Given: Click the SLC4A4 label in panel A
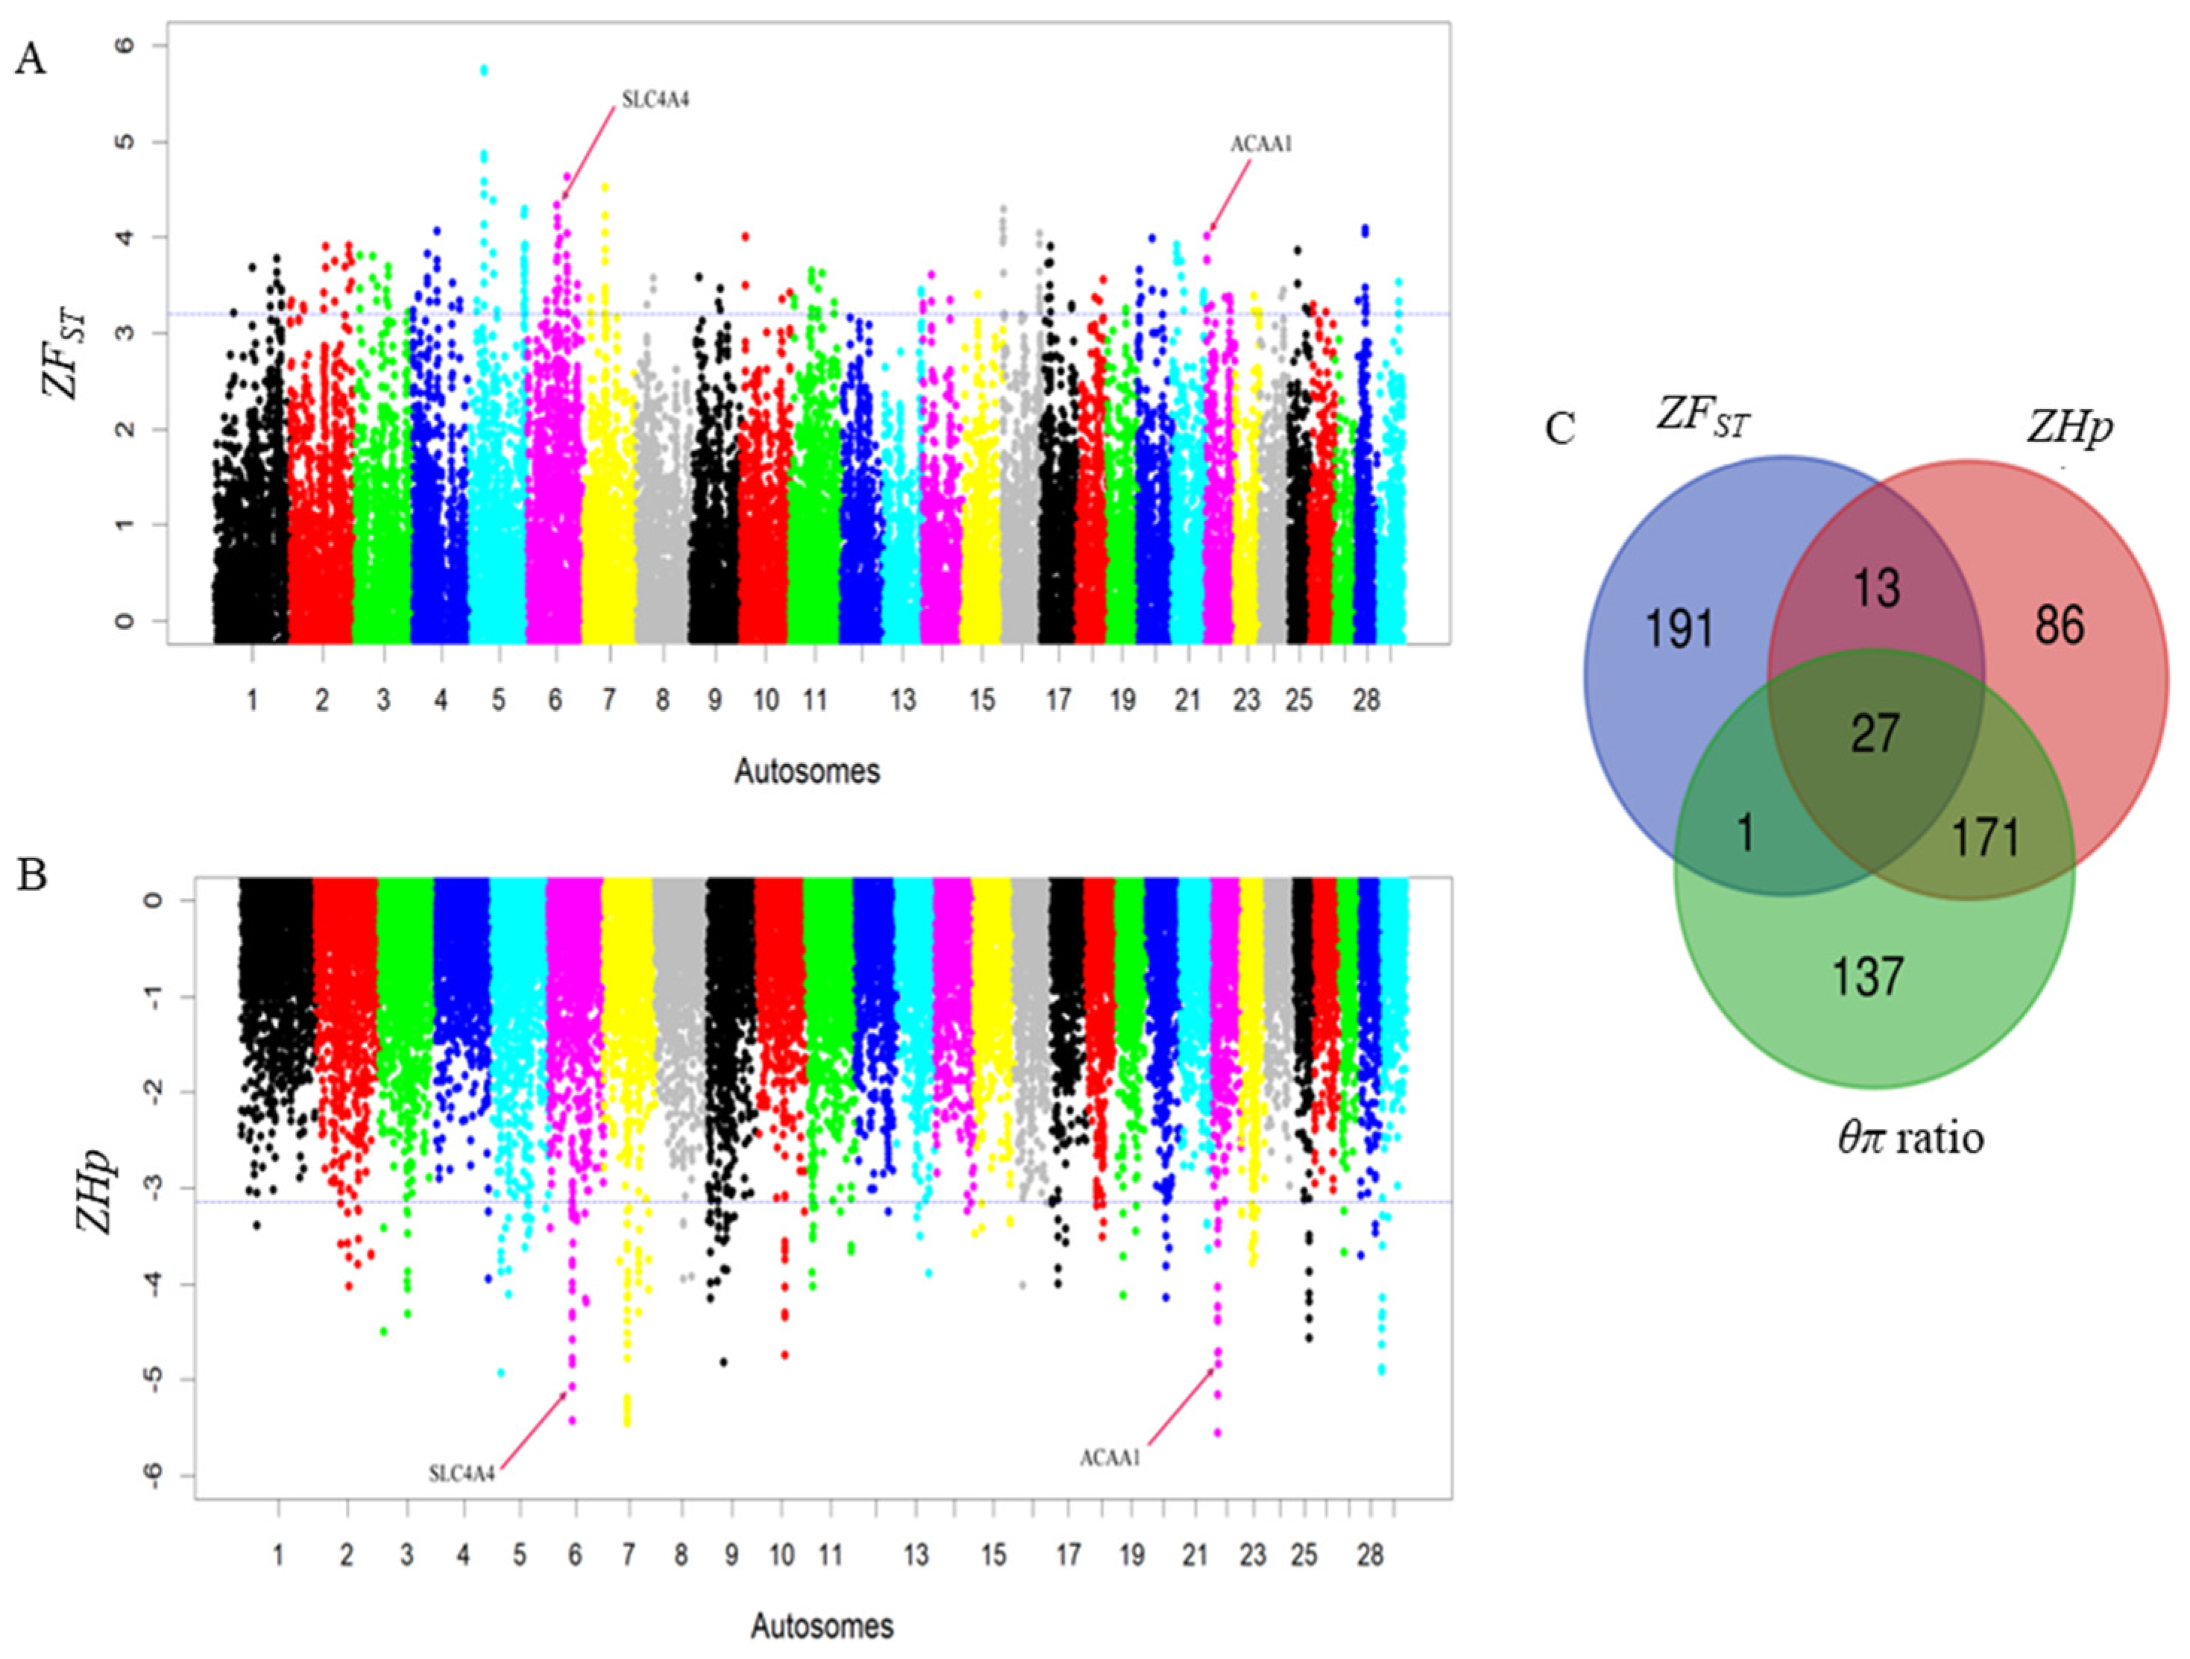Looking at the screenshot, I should pos(654,100).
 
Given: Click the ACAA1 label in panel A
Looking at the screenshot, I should pos(1261,145).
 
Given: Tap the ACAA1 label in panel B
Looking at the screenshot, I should pos(1110,1458).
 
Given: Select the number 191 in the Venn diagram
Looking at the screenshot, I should pos(1679,628).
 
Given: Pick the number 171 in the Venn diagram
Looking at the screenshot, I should pos(1986,838).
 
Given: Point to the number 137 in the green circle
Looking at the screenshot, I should pos(1867,977).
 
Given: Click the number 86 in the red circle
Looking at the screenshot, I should pos(2060,625).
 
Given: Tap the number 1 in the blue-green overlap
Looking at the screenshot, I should pos(1746,832).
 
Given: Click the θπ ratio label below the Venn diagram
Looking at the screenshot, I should pos(1910,1138).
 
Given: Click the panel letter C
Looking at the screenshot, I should pos(1560,429).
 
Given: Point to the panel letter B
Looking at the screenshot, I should pos(32,875).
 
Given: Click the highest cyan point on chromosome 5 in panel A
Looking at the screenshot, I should pos(484,70).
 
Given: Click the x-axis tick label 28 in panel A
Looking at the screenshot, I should pos(1366,701).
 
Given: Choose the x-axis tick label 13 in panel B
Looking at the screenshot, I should pos(917,1555).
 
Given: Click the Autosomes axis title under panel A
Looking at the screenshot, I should pos(807,771).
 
